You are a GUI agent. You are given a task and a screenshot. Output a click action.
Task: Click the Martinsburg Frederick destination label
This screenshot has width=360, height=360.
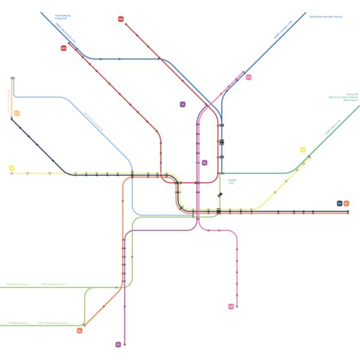coord(62,17)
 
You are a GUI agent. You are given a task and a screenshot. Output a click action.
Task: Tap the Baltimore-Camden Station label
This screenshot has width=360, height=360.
coord(326,17)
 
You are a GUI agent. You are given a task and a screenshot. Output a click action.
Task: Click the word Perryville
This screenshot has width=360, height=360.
coord(352,94)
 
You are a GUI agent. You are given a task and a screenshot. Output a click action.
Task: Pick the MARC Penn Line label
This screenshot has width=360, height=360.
coord(332,127)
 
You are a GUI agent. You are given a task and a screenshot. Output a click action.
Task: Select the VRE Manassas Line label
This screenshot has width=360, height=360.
coord(53,284)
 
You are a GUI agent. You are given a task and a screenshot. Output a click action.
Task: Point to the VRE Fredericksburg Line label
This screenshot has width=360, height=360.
coord(52,322)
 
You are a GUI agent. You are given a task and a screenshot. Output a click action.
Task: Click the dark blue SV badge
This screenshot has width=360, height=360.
coord(340,204)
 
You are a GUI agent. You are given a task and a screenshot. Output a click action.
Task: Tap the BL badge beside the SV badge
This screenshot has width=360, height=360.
coord(347,204)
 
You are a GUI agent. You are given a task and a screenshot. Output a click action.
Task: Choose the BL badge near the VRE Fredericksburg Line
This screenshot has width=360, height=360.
coord(79,331)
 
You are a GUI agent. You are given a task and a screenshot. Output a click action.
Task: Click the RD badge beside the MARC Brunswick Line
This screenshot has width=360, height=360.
coord(64,48)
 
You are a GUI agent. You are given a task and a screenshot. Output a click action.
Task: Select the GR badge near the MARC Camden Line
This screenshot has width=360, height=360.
coord(248,77)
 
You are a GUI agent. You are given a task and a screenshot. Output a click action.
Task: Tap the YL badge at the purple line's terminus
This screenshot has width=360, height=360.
coord(118,344)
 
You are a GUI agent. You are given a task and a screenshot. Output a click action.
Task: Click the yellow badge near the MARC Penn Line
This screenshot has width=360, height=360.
coord(303,149)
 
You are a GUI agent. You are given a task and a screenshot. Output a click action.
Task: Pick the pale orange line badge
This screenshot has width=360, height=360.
coord(17,113)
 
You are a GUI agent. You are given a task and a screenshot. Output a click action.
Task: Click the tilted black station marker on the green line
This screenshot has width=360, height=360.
coord(220,195)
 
